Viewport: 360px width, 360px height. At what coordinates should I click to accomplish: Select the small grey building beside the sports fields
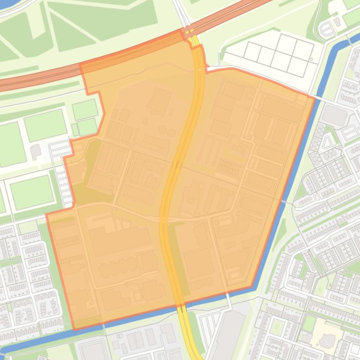36,151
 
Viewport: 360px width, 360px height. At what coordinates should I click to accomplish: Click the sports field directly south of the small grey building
32,192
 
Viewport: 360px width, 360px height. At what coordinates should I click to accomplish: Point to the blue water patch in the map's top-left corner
7,6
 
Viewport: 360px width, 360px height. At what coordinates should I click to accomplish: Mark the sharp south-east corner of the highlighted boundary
253,286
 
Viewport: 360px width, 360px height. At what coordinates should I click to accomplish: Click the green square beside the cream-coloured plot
309,323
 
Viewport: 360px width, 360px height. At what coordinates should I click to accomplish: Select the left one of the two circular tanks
162,130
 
